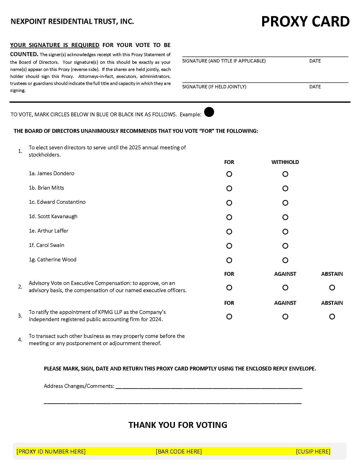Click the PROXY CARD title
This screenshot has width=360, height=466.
coord(305,21)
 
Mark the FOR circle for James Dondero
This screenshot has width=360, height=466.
coord(229,174)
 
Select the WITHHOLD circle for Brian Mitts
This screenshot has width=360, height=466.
coord(285,189)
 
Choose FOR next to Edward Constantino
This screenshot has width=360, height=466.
coord(229,203)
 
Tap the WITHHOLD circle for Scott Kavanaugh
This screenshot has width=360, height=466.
coord(285,217)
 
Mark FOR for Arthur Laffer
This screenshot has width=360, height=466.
coord(229,232)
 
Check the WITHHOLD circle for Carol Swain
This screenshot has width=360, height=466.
coord(285,246)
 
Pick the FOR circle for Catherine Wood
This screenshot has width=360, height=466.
coord(229,260)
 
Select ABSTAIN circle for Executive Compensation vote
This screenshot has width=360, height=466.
coord(332,288)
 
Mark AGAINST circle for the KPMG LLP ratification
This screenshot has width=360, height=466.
coord(285,316)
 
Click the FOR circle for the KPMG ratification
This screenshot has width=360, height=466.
coord(229,316)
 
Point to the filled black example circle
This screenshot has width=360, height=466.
coord(209,112)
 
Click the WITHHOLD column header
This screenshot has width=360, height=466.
coord(285,162)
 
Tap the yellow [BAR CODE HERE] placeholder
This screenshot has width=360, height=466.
coord(179,452)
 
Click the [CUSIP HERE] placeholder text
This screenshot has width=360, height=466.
coord(313,452)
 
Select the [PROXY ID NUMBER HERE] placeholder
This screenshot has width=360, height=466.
coord(51,452)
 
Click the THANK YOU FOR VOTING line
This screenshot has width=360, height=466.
coord(178,425)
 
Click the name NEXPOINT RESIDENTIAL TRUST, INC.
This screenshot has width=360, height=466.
coord(72,21)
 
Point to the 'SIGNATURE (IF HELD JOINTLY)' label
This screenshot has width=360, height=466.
coord(214,87)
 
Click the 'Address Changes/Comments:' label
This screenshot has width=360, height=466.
coord(79,386)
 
